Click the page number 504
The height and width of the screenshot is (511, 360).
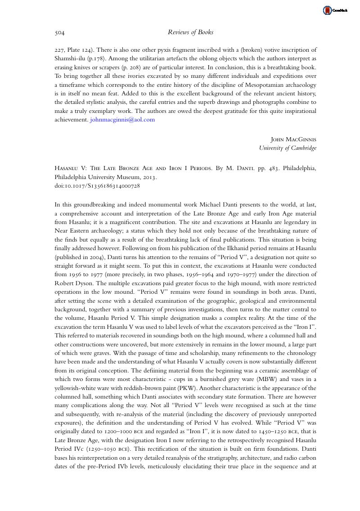pos(60,32)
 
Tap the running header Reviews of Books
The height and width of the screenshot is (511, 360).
pos(190,32)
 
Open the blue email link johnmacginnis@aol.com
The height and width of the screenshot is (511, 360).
pos(122,120)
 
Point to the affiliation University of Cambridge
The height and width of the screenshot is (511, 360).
pos(288,148)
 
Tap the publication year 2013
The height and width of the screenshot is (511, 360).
pos(148,177)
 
